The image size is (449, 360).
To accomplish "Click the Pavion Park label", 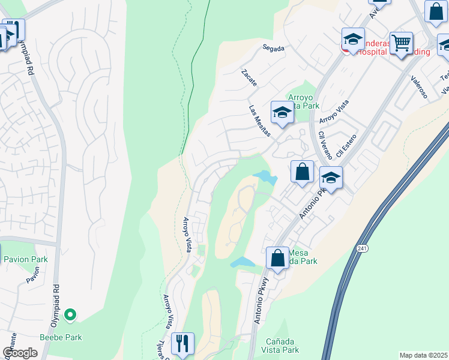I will tap(25, 260).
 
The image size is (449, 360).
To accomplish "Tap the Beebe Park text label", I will tap(60, 337).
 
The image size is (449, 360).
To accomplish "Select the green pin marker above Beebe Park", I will tap(70, 314).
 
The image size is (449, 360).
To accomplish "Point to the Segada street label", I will tap(273, 47).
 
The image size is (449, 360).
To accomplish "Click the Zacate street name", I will tap(249, 78).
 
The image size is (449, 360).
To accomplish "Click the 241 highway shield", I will tap(361, 248).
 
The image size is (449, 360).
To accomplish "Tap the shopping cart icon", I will tap(401, 43).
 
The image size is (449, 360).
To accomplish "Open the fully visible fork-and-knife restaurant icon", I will tap(182, 344).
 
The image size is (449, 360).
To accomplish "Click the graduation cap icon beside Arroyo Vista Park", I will tap(282, 112).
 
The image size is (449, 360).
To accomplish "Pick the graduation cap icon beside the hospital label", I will tap(354, 40).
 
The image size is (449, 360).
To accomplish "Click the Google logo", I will tap(20, 353).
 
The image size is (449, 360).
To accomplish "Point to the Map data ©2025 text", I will tap(423, 355).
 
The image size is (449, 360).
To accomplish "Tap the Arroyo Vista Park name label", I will tap(303, 101).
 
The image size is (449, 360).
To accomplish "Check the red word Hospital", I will tap(372, 52).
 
